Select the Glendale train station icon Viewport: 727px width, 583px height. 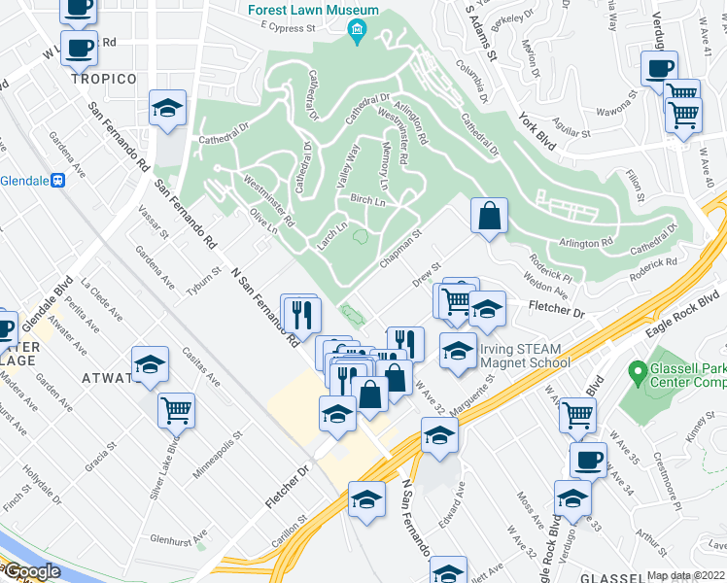(58, 180)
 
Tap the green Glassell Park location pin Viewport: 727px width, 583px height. (638, 371)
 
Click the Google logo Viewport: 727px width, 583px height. (31, 571)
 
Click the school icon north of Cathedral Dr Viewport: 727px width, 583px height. (168, 109)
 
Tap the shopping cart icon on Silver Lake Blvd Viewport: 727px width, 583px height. (176, 409)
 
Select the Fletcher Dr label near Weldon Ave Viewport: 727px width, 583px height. (555, 310)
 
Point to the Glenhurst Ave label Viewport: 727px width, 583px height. (179, 538)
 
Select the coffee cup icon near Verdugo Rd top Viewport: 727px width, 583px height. (659, 69)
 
